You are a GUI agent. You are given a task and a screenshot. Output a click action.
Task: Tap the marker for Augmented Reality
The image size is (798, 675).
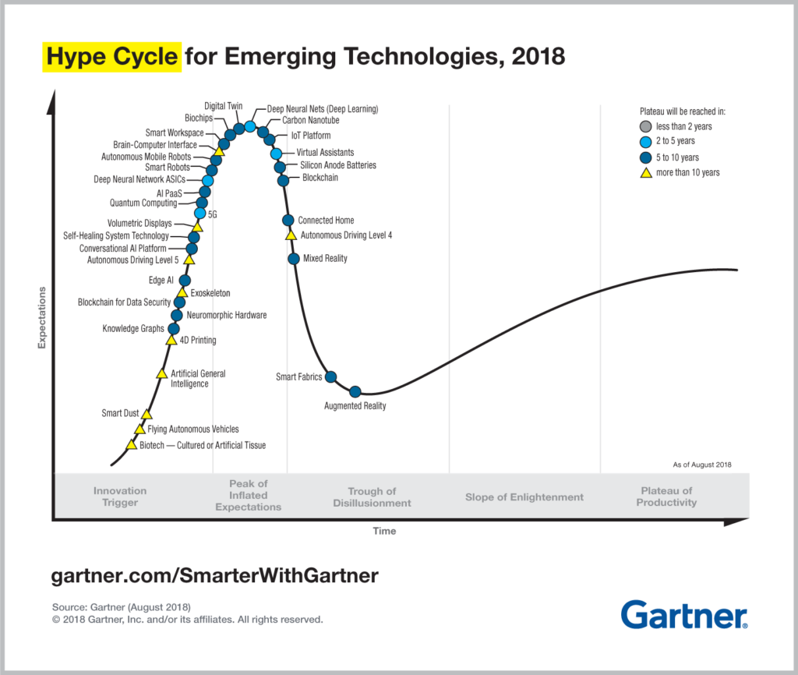(355, 391)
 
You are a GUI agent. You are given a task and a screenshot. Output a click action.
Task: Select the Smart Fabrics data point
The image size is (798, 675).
(330, 377)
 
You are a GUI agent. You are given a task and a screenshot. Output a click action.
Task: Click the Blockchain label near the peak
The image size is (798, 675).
(320, 178)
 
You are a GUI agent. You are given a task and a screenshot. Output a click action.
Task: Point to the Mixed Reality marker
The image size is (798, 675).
(294, 259)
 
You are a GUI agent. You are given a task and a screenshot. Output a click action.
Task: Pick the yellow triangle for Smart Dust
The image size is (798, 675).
(147, 414)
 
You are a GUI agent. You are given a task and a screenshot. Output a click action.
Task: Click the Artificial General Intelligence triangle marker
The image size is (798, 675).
(161, 374)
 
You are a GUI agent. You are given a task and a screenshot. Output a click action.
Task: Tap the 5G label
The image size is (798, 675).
(213, 214)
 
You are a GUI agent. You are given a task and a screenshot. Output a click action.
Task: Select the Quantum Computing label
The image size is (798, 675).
(143, 203)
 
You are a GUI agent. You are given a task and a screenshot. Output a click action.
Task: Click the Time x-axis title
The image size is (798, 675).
(384, 532)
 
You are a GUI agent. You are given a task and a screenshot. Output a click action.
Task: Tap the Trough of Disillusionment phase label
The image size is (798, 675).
(372, 497)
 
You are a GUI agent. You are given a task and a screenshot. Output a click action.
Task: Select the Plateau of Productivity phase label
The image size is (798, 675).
(666, 497)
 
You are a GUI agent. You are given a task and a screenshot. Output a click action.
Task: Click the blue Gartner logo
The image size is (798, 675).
(684, 614)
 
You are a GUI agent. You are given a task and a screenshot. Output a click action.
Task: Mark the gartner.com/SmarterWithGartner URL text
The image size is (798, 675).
(215, 576)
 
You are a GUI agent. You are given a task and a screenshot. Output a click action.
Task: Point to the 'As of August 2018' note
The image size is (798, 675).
(701, 465)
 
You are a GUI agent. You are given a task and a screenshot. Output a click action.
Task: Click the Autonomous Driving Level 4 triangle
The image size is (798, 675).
(291, 235)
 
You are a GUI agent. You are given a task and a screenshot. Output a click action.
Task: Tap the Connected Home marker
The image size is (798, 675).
(288, 221)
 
